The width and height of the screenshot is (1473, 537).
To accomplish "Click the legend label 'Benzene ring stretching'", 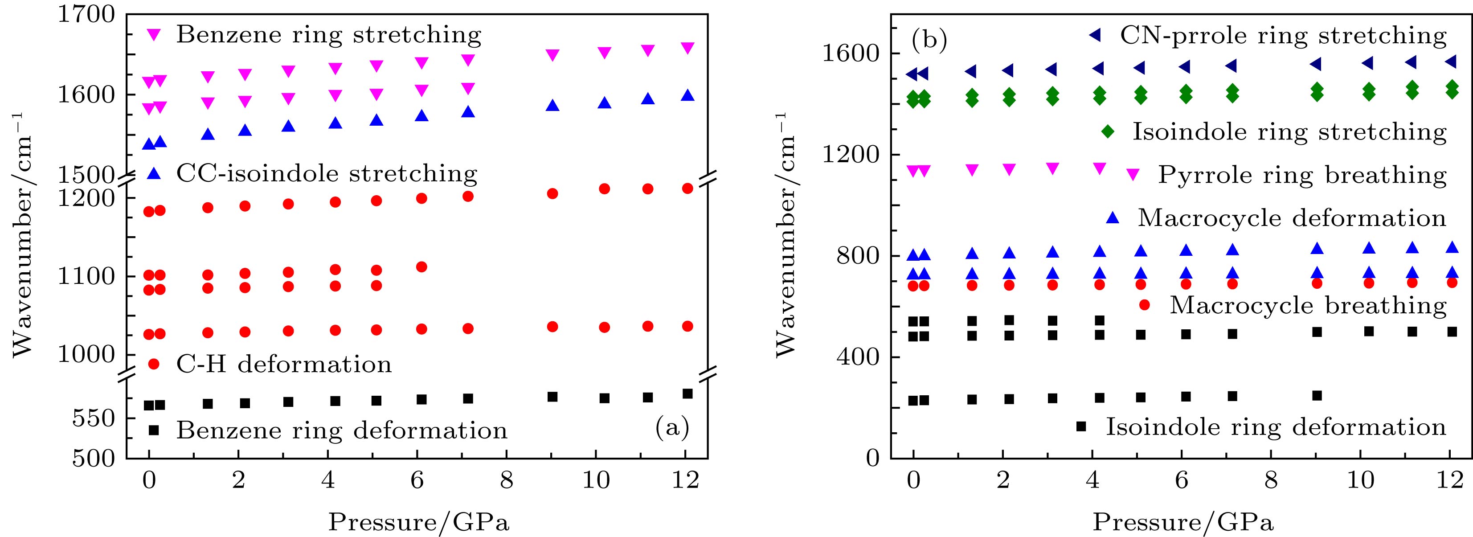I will coord(328,35).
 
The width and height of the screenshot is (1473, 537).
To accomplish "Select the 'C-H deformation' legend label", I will coord(284,364).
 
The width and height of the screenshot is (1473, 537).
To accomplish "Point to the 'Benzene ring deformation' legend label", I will coord(341,430).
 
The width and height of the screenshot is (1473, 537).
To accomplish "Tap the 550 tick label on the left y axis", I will coord(94,418).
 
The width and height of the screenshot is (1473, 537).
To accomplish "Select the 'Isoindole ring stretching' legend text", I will coord(1289,132).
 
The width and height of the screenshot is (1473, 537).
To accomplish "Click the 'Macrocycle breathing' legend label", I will coord(1308,305).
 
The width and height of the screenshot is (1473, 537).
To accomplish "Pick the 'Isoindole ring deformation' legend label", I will coord(1275,426).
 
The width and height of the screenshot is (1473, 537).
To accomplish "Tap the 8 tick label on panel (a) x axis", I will coord(507,480).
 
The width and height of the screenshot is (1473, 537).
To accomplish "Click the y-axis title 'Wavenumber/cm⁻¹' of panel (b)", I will coord(787,234).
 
